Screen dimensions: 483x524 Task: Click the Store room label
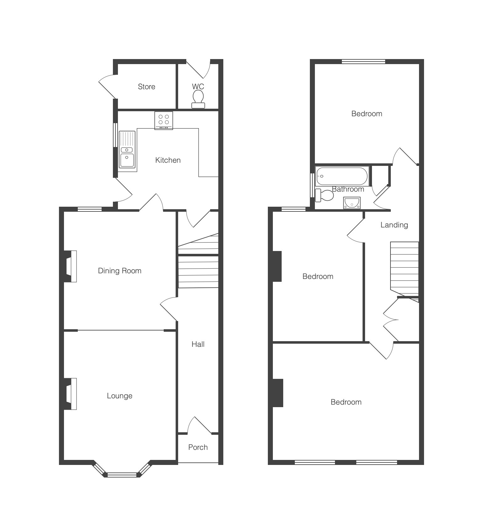click(146, 87)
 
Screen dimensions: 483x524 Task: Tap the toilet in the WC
click(198, 100)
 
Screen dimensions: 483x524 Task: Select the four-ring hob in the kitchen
click(164, 120)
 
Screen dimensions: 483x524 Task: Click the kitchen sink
click(127, 150)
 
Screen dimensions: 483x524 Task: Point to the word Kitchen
click(168, 160)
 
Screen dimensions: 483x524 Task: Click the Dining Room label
click(119, 271)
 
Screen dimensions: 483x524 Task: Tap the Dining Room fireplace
click(71, 266)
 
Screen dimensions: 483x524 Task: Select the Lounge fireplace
click(71, 394)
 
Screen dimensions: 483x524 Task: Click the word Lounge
click(119, 396)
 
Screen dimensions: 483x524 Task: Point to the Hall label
click(198, 344)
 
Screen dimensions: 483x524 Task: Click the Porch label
click(198, 447)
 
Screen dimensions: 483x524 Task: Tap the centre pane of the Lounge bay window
click(122, 475)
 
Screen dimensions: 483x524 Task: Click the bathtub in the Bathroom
click(342, 176)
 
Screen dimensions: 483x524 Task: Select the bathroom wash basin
click(352, 203)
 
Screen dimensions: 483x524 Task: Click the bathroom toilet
click(325, 195)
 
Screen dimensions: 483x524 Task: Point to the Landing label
click(394, 225)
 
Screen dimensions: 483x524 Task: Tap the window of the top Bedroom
click(364, 62)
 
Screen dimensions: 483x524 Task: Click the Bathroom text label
click(348, 189)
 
